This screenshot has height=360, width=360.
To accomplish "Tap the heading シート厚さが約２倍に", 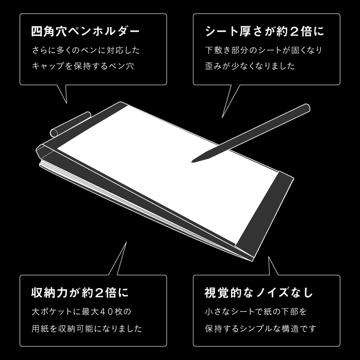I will click(x=265, y=33).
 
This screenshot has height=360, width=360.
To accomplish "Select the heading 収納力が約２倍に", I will click(x=80, y=293).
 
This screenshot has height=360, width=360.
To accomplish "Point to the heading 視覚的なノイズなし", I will click(x=259, y=293).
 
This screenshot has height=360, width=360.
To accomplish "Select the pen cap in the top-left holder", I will click(x=67, y=124).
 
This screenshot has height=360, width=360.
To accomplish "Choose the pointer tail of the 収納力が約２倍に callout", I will click(x=118, y=261).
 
